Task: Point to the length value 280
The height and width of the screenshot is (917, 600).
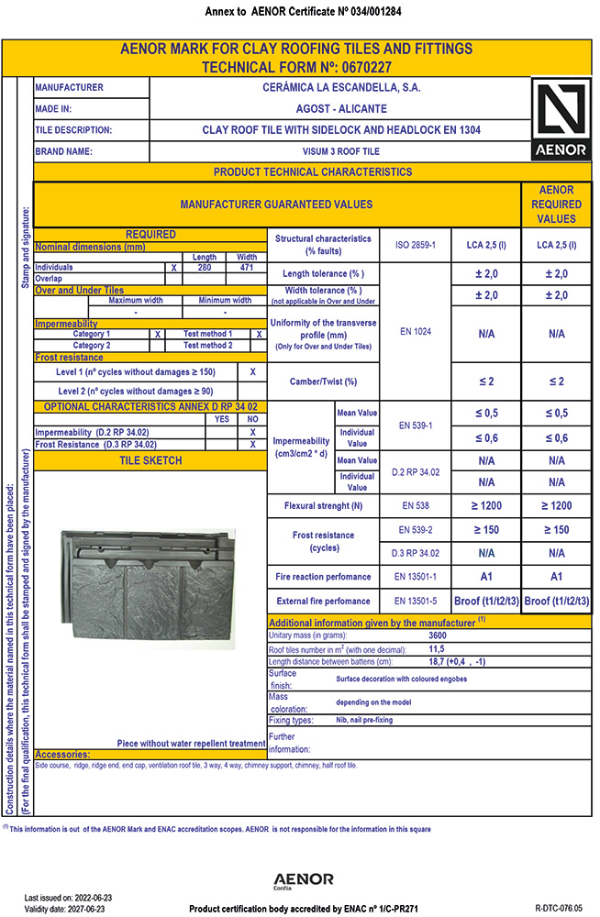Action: (x=205, y=267)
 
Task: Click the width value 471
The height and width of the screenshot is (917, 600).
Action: (x=247, y=267)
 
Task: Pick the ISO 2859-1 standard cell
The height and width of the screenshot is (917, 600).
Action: (x=415, y=245)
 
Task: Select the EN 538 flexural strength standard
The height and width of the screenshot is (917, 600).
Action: (x=415, y=505)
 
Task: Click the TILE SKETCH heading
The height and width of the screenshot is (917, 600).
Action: (x=150, y=460)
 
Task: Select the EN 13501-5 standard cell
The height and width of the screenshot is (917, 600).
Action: (x=415, y=601)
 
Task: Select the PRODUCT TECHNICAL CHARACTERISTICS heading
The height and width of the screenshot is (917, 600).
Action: (x=313, y=171)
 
